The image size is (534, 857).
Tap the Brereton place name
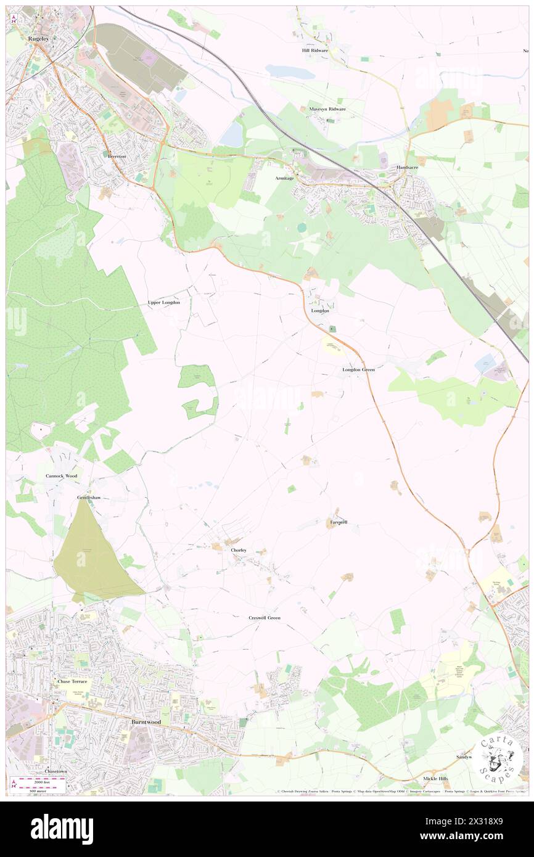click(117, 156)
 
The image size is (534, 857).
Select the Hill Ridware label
click(314, 50)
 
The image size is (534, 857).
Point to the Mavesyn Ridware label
click(327, 109)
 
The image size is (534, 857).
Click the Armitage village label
click(284, 178)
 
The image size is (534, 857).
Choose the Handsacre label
click(407, 167)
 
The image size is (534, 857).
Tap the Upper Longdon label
click(164, 303)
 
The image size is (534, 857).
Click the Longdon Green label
click(358, 369)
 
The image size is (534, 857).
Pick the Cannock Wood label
click(62, 476)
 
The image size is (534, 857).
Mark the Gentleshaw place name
click(89, 497)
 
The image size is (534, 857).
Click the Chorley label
click(239, 549)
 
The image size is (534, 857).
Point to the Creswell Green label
click(265, 617)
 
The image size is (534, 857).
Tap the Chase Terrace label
click(73, 681)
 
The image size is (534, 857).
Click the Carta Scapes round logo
click(499, 760)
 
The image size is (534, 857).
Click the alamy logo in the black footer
click(62, 828)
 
